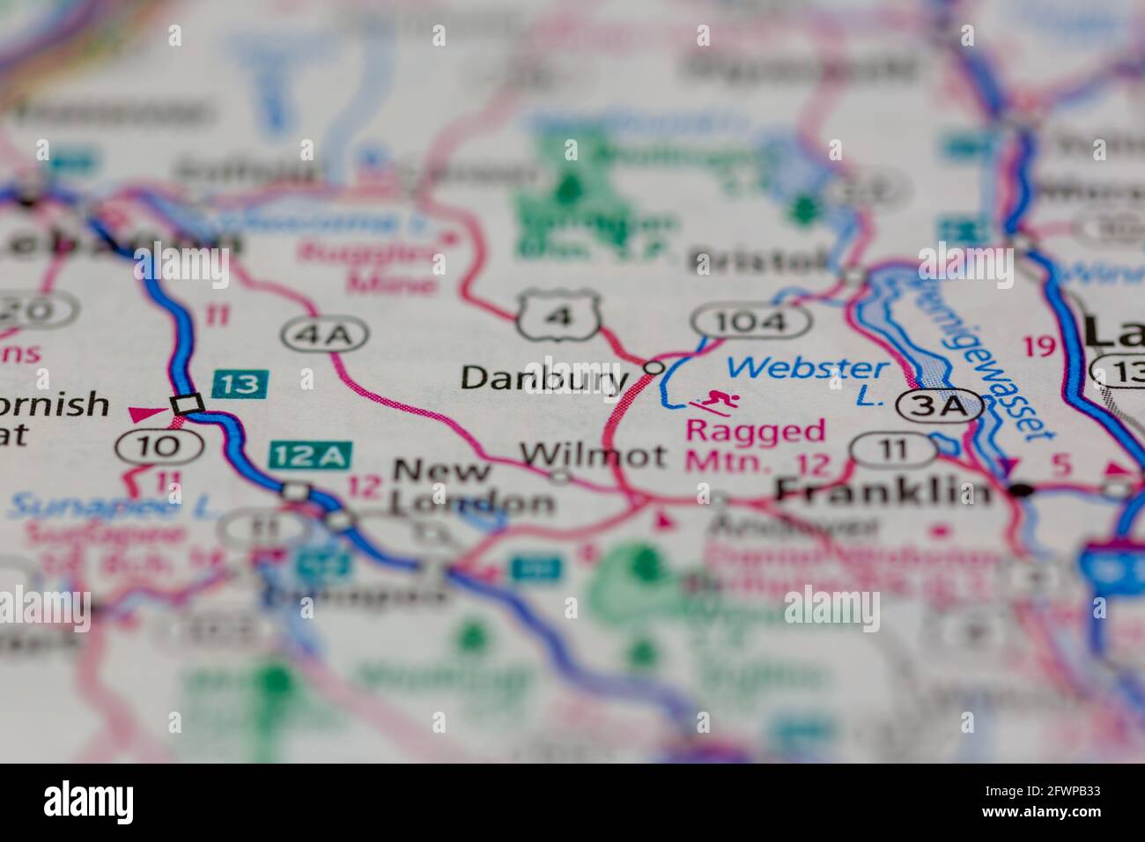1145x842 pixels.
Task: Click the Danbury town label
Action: [x=544, y=379]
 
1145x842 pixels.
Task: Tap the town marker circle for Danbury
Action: [x=654, y=366]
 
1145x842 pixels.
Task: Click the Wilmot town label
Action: [x=593, y=455]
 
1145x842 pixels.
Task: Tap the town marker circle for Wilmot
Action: [x=560, y=477]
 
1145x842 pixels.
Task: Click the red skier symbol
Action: [x=714, y=402]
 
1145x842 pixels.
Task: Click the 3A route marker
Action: [x=938, y=406]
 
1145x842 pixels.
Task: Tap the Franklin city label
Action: [x=883, y=490]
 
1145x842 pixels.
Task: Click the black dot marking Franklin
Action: [x=1020, y=490]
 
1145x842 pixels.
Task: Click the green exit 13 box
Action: [x=240, y=383]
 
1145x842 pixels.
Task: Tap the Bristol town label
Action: [x=759, y=261]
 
